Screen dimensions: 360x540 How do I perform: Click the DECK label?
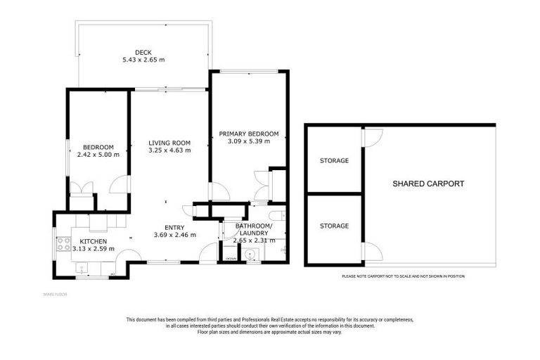coord(143,52)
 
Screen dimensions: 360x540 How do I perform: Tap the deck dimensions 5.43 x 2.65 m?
coord(143,60)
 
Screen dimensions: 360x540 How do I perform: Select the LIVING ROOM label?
coord(169,142)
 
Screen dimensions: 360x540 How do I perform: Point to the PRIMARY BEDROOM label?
coord(248,134)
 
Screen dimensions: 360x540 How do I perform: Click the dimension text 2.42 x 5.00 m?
coord(97,155)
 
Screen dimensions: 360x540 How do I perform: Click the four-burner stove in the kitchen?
coord(63,244)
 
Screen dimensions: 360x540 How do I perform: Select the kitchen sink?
coord(82,269)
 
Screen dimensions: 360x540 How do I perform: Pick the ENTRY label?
coord(174,227)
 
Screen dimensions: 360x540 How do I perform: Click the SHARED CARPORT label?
coord(427,184)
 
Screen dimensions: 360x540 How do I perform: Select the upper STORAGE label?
coord(334,161)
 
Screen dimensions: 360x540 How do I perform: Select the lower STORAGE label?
coord(334,226)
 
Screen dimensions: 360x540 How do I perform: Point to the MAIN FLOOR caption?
coord(55,294)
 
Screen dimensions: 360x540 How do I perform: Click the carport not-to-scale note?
coord(403,276)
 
